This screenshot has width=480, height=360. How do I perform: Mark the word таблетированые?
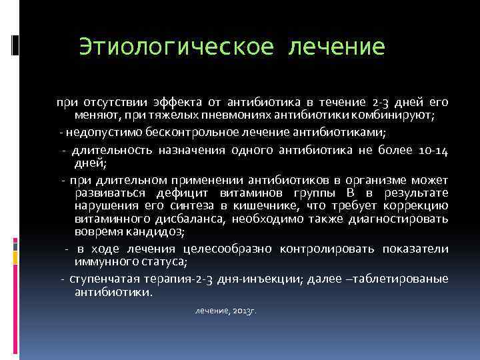click(406, 279)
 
